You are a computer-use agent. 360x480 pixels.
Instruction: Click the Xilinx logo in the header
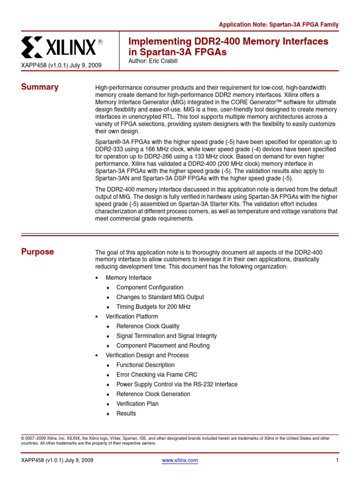pos(62,47)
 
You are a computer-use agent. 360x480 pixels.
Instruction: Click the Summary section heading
pos(40,87)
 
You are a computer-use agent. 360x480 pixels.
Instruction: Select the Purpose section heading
pos(37,252)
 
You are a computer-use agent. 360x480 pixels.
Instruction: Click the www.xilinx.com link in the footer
pos(180,460)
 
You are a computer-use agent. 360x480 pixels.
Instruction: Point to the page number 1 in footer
pos(337,460)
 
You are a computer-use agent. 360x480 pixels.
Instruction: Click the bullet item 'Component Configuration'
pos(150,287)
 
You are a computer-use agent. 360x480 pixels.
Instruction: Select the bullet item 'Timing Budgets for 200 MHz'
pos(153,307)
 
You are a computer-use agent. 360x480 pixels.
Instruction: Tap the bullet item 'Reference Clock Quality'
pos(148,326)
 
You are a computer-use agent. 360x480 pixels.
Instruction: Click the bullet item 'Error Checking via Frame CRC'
pos(157,375)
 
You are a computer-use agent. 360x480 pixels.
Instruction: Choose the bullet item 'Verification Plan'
pos(137,404)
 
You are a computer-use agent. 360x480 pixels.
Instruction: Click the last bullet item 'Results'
pos(126,413)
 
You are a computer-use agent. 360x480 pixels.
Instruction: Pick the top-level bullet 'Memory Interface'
pos(128,278)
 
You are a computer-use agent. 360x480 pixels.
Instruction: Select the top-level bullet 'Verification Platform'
pos(132,316)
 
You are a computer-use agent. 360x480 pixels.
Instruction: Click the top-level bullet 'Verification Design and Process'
pos(147,355)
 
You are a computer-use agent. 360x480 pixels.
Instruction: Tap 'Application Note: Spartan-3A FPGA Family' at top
pos(279,24)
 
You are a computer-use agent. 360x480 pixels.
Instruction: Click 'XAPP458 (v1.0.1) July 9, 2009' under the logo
pos(61,65)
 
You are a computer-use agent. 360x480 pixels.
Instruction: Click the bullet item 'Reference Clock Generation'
pos(153,394)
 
